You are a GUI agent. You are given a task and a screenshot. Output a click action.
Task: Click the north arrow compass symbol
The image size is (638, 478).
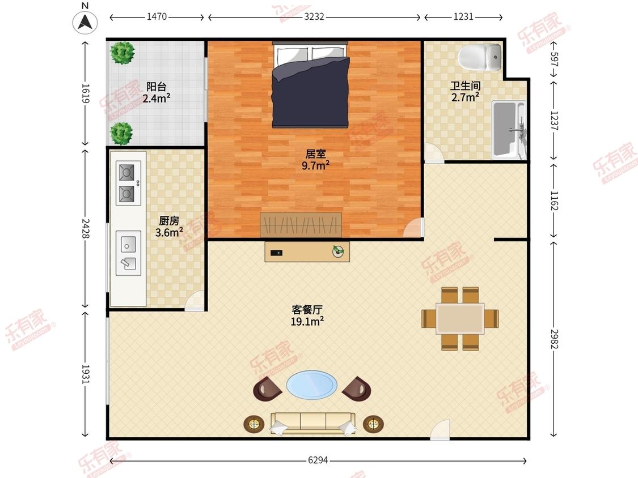point(85,22)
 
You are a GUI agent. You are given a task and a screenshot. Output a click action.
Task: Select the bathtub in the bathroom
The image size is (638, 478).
point(509,129)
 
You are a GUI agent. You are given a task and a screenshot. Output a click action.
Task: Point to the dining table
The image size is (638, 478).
point(460,318)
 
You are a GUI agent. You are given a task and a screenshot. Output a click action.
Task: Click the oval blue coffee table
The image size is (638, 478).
point(311,385)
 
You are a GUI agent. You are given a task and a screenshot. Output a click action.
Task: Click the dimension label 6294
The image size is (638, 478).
point(318,460)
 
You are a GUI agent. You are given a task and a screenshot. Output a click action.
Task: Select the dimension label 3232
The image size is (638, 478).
point(314,17)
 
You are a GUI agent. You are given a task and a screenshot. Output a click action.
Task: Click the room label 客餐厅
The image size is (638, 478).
point(307,310)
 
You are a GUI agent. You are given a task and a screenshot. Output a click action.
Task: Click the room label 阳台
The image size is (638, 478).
point(157,87)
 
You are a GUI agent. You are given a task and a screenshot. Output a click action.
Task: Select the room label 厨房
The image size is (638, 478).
point(169,221)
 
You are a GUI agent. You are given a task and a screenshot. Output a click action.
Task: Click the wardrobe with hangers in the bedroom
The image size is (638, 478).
point(301,225)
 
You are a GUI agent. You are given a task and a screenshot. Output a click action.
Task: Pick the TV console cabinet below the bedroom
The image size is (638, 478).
point(307,251)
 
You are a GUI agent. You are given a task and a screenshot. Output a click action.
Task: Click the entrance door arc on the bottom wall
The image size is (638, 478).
point(440,430)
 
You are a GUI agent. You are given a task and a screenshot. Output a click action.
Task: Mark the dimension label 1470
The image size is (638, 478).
point(157,17)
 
